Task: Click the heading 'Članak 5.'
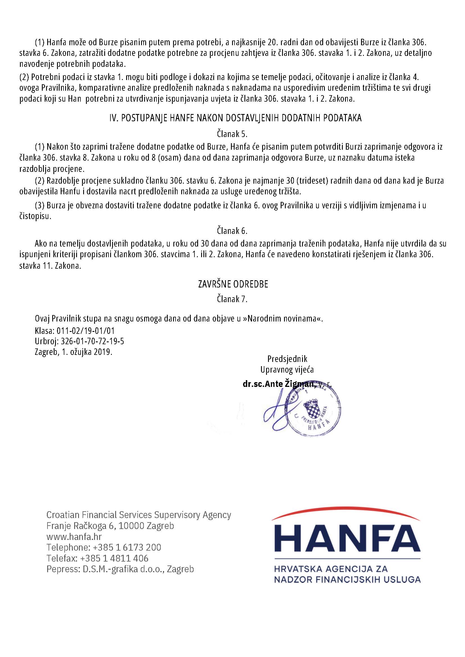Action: point(232,134)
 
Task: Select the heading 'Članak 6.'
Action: point(232,231)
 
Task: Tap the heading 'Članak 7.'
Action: point(232,299)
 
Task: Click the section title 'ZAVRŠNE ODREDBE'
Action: point(233,284)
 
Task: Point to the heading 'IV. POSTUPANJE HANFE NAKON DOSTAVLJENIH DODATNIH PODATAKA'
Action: point(235,118)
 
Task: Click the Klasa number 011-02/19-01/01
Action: point(86,331)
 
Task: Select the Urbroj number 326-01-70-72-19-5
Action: point(92,341)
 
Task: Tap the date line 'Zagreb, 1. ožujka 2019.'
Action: point(74,352)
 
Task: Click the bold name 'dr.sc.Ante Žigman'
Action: point(279,384)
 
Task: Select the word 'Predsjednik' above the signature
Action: point(287,359)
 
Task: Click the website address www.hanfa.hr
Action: point(74,537)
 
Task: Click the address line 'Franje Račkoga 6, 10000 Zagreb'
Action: point(110,526)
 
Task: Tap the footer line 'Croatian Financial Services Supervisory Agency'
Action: point(139,515)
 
